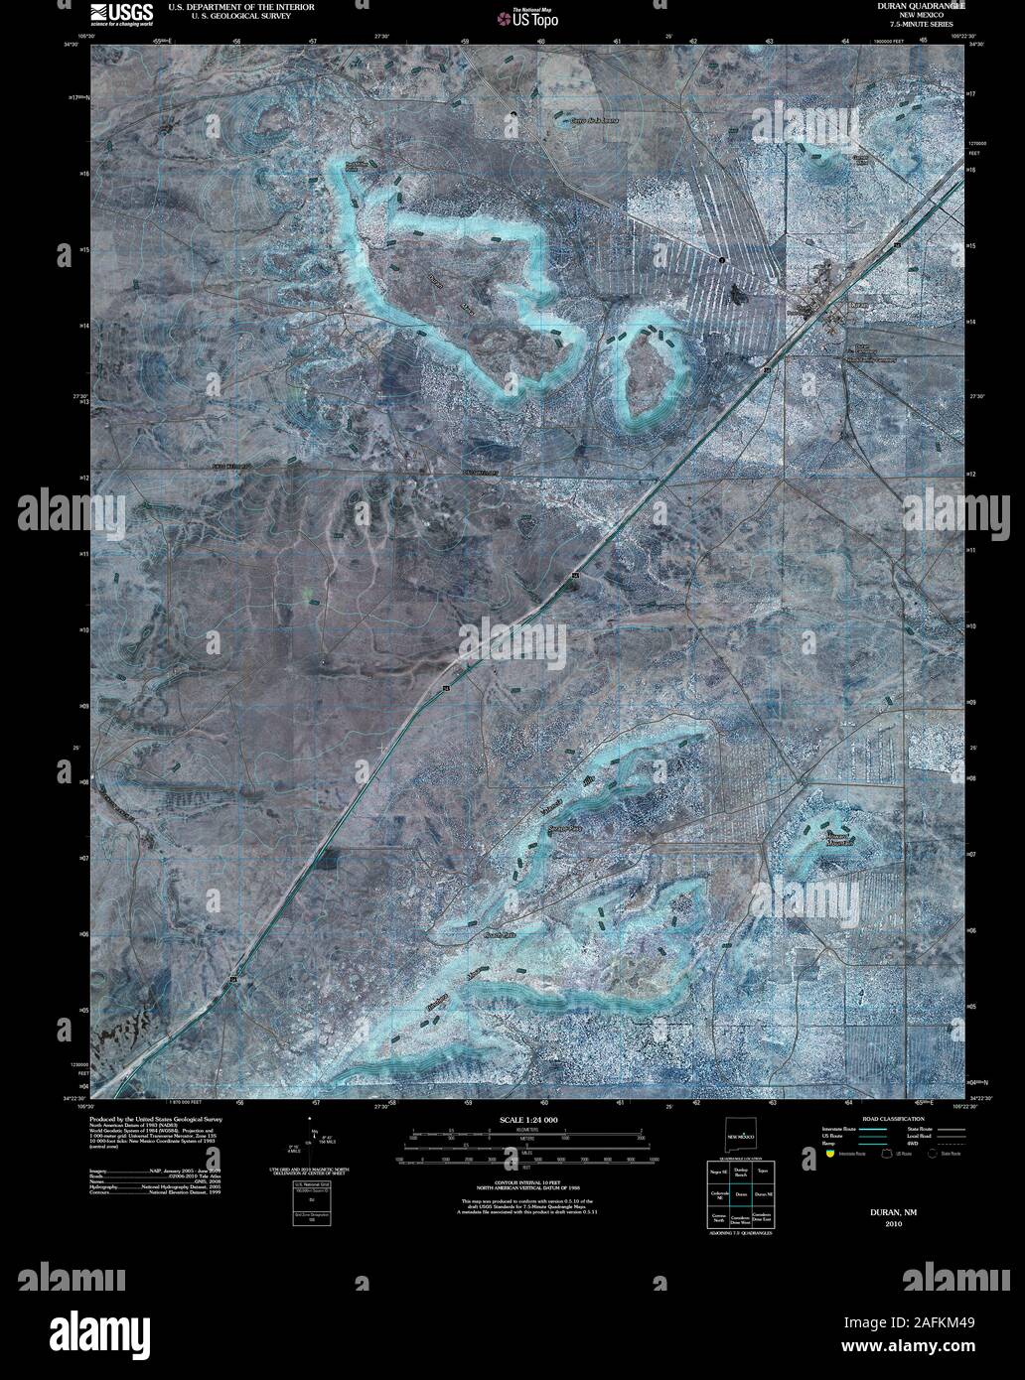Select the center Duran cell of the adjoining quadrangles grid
pos(740,1194)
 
